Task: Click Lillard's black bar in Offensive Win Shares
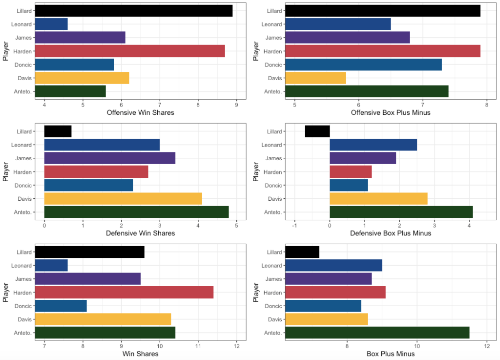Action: point(134,11)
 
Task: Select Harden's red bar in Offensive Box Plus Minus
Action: point(382,51)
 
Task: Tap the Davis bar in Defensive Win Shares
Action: point(123,199)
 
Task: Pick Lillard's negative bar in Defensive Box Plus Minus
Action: point(317,131)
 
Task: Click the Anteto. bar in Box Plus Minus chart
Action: point(377,333)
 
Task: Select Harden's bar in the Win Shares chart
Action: point(125,293)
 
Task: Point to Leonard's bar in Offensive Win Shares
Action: point(51,24)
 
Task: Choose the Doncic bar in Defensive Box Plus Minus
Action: point(349,185)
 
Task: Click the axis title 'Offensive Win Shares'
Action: point(140,113)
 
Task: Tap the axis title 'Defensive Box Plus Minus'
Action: point(391,233)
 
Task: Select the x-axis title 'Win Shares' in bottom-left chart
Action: point(140,354)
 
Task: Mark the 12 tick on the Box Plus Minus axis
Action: point(487,345)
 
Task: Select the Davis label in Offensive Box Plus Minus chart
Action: point(274,78)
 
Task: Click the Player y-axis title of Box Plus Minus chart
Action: point(255,293)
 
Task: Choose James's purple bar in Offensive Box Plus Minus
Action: point(347,37)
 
